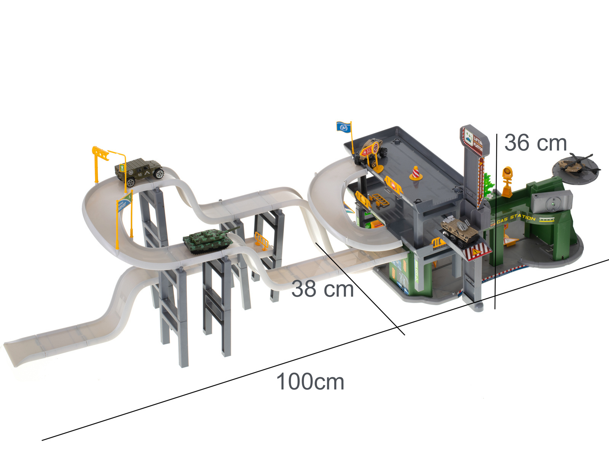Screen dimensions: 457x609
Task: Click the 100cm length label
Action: [x=310, y=382]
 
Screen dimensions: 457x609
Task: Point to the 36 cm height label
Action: [x=535, y=143]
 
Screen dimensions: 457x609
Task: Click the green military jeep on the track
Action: [x=139, y=172]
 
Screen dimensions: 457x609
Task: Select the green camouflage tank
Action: [x=207, y=241]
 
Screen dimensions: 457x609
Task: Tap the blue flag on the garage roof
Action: [x=343, y=127]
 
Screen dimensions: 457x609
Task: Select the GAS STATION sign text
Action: [x=516, y=219]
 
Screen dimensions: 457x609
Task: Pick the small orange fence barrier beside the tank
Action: [x=261, y=241]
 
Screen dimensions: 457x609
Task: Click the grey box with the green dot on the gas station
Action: [x=552, y=202]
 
